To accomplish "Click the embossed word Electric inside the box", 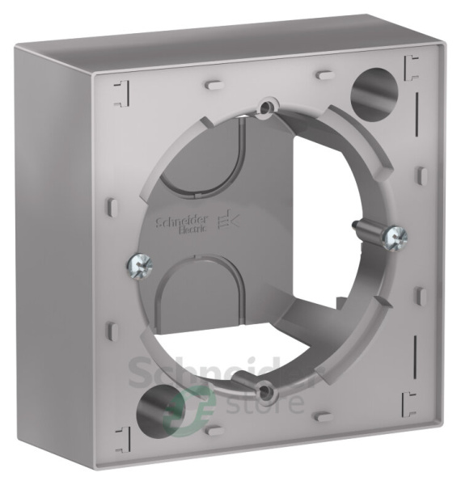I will click(192, 230).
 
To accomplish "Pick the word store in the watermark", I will click(272, 401).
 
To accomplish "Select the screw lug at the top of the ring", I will click(265, 106).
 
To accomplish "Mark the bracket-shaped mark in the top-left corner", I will click(116, 89).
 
